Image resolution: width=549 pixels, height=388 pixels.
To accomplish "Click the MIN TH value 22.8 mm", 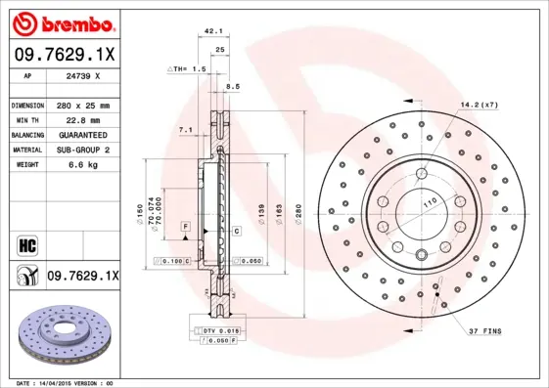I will point(79,119).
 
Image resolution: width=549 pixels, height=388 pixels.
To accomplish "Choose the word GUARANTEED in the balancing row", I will point(81,134).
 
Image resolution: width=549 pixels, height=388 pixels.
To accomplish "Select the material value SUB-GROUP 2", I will point(81,150).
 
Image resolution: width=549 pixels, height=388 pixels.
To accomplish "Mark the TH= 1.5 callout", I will point(187,69).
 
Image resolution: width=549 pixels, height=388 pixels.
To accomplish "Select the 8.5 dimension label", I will point(233,88).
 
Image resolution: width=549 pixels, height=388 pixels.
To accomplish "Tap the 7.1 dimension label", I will point(186,129).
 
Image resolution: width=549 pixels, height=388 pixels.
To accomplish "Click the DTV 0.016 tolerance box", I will point(221,332).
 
